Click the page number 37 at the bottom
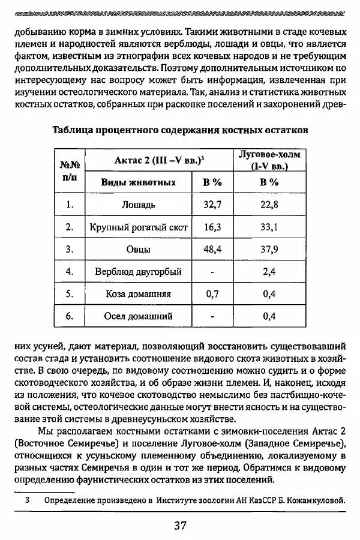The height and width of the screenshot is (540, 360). point(180,526)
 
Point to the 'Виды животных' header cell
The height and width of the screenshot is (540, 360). point(138,182)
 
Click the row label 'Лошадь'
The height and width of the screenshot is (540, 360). point(139,205)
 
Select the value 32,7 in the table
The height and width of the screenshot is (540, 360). point(212,205)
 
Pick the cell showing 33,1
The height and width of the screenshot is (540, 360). point(269,227)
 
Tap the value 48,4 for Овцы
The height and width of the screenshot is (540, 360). point(212,249)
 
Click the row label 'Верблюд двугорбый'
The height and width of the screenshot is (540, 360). point(139,272)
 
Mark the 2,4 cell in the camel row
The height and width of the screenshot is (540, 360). point(269,272)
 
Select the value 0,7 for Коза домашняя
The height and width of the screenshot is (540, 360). point(212,294)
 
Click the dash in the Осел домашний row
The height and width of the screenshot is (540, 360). point(212,316)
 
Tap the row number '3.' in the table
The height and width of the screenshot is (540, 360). point(70,249)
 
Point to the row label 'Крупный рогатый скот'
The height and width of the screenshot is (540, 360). point(139,227)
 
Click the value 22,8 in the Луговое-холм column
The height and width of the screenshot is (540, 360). point(269,205)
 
